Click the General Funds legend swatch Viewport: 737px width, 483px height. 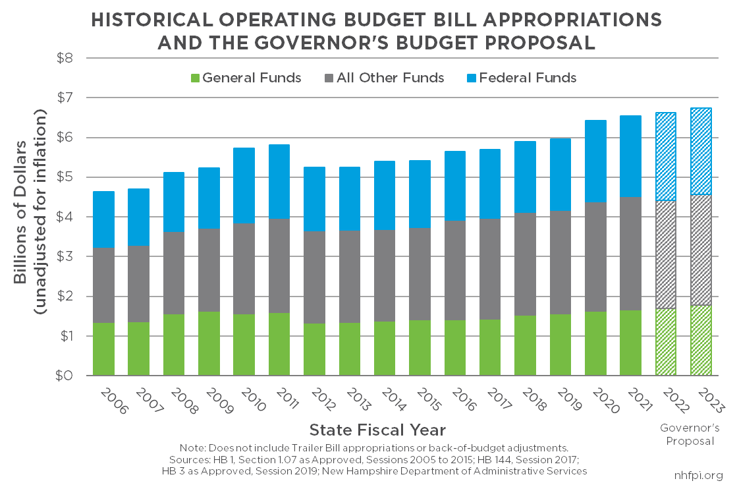(x=193, y=78)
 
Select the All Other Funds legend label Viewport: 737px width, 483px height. (x=390, y=78)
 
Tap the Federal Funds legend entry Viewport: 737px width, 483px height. (x=528, y=78)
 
